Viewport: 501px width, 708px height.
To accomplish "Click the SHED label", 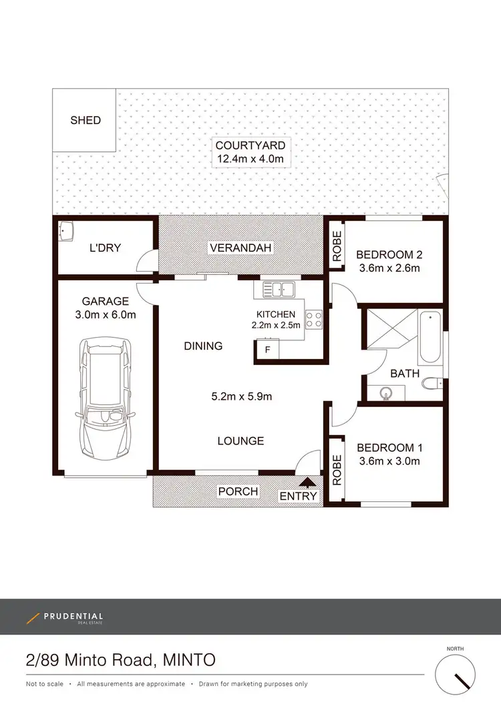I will tap(86, 120).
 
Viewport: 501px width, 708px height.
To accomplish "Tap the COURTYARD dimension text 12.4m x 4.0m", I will tap(250, 159).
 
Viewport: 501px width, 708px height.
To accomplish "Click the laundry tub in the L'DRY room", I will tap(65, 232).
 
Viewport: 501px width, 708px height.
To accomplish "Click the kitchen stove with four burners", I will tap(314, 320).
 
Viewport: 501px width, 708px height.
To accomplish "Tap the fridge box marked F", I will tap(268, 349).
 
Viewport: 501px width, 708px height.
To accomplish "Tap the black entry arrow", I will tap(308, 482).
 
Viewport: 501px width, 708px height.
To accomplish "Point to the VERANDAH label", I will tap(241, 248).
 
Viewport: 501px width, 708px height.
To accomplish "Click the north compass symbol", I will tap(458, 675).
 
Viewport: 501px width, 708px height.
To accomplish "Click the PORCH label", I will tap(238, 492).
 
